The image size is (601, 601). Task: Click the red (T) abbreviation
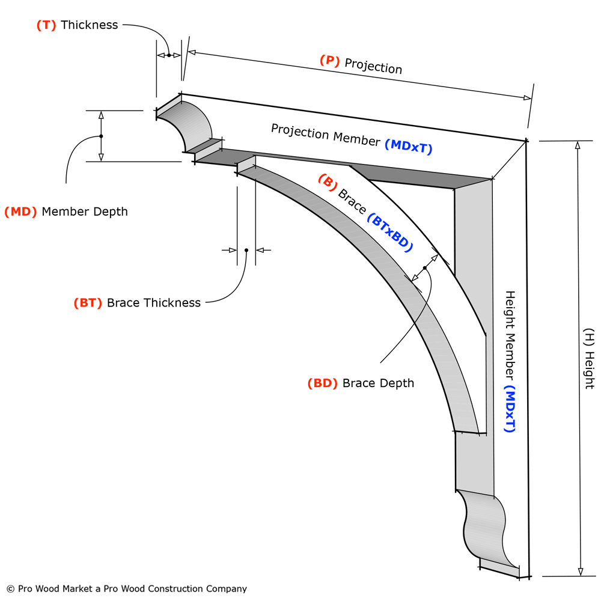tap(46, 25)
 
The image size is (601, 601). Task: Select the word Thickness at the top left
tap(89, 25)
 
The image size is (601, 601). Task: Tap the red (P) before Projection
tap(330, 60)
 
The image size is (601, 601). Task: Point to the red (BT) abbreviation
tap(88, 303)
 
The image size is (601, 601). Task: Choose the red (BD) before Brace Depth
tap(323, 383)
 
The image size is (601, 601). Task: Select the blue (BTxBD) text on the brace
tap(391, 233)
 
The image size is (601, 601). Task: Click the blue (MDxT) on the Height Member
tap(510, 409)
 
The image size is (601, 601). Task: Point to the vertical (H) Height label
tap(589, 358)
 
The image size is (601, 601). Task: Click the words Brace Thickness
tap(154, 303)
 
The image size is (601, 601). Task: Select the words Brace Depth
tap(378, 383)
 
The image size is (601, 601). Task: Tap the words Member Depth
tap(85, 212)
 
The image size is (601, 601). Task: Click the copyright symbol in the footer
tap(10, 589)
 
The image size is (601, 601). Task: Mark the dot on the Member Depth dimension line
tap(101, 136)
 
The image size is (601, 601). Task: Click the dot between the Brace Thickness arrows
tap(246, 250)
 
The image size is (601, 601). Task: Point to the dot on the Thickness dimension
tap(169, 55)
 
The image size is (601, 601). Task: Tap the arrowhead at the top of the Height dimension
tap(578, 145)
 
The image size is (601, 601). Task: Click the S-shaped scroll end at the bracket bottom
tap(484, 523)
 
